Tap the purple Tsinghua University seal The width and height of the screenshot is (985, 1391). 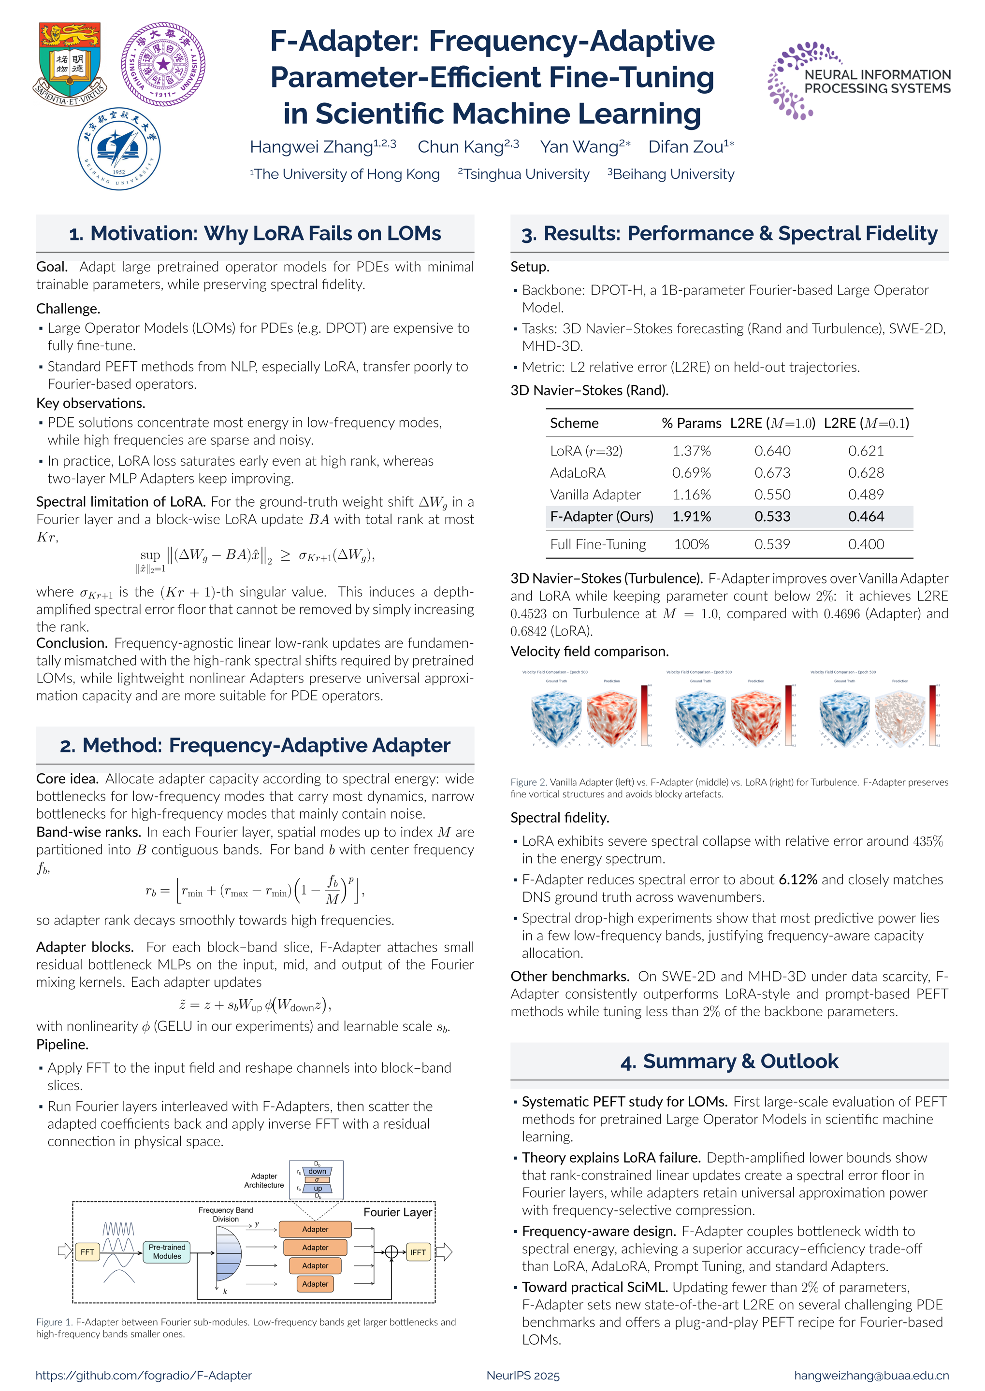pos(163,64)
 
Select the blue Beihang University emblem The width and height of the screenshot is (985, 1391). pos(119,148)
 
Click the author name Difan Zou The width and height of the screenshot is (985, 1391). pos(690,147)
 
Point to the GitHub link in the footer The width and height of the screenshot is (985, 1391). pos(143,1375)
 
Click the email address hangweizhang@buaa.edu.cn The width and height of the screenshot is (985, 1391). pos(871,1375)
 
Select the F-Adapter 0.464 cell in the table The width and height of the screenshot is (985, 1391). pos(866,516)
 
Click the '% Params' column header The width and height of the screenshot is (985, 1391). pos(692,423)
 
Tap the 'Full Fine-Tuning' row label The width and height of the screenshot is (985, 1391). pos(597,544)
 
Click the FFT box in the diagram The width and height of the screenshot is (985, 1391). pos(87,1251)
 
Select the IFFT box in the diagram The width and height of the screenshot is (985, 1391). pos(418,1251)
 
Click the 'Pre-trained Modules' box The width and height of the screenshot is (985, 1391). pos(167,1251)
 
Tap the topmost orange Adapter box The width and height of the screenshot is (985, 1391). pos(315,1229)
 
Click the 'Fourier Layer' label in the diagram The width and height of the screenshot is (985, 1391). pos(397,1212)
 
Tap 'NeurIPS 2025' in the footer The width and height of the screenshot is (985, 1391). pos(523,1375)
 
